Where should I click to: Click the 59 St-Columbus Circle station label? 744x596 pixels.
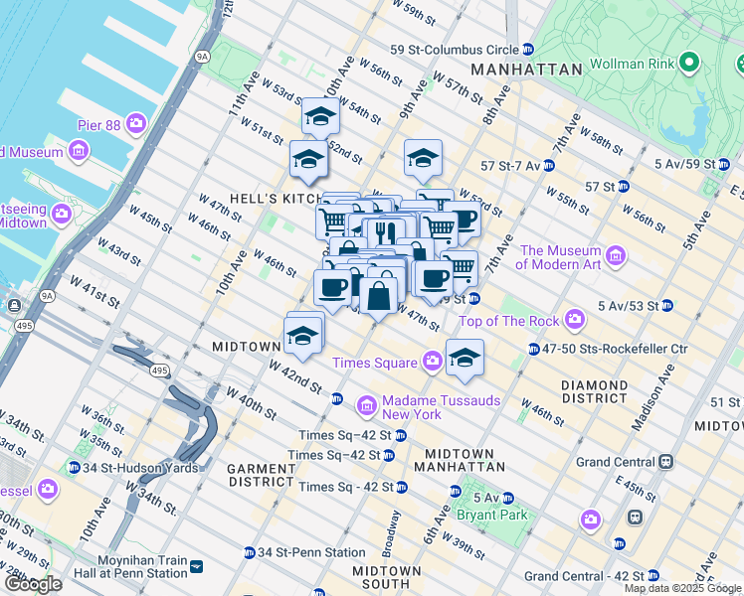[454, 50]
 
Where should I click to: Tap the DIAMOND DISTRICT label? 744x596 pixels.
[595, 391]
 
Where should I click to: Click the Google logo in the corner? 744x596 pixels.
[33, 584]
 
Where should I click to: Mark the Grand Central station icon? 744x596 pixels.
[665, 462]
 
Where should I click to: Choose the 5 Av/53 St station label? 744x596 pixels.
[633, 305]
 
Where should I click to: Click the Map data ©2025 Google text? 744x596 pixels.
[682, 588]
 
